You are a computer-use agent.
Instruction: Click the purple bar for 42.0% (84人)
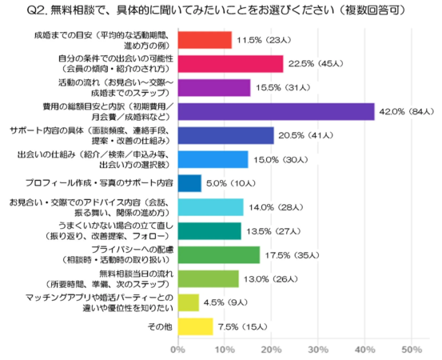tap(276, 112)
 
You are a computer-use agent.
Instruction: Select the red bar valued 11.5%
tap(204, 40)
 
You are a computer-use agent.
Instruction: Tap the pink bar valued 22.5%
tap(230, 64)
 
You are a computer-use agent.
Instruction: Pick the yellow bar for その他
tap(194, 326)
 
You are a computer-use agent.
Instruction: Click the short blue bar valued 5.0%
tap(189, 183)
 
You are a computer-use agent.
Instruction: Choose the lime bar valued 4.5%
tap(187, 302)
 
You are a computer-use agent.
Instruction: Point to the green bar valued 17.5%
tap(218, 254)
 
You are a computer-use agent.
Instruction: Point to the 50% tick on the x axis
tap(411, 350)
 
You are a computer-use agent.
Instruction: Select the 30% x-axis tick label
tap(317, 350)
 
